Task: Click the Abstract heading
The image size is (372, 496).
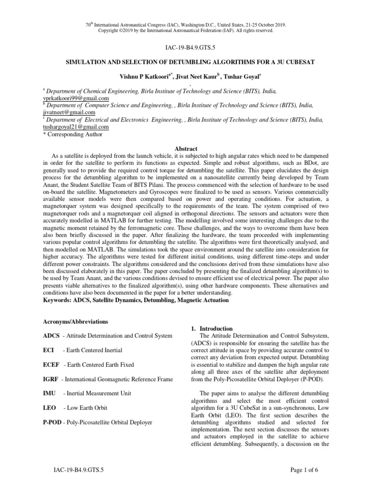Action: coord(186,149)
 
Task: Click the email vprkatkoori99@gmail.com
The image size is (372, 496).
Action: coord(76,98)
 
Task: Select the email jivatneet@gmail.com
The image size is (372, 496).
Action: coord(68,112)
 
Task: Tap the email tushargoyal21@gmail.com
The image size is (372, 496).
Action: coord(76,127)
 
